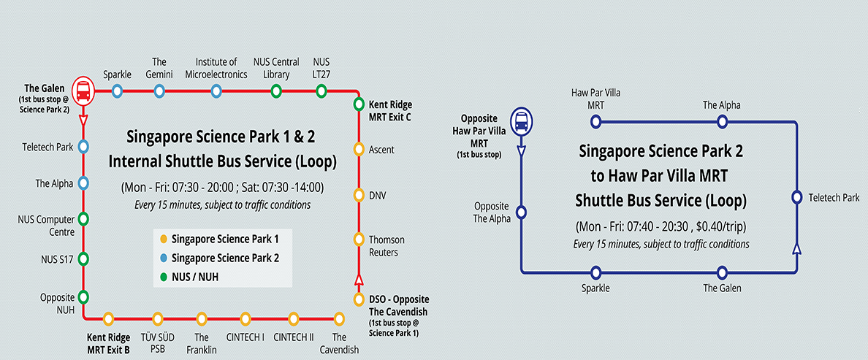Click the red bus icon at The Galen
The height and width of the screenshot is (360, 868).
(83, 91)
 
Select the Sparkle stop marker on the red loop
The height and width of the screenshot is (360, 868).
(117, 91)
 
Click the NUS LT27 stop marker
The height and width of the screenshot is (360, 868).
(321, 91)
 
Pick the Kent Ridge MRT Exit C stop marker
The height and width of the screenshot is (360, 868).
(359, 104)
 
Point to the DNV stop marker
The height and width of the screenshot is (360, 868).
(359, 195)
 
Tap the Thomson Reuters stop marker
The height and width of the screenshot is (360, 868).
(359, 239)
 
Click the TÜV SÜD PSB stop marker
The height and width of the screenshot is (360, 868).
(156, 318)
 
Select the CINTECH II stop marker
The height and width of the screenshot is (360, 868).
(293, 318)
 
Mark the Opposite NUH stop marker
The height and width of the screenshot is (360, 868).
(83, 296)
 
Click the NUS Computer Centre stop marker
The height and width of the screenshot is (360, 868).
(83, 218)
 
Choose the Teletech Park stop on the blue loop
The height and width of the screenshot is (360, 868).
(796, 197)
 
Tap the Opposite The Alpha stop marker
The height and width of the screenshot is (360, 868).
(522, 212)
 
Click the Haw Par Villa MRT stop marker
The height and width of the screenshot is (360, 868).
(597, 121)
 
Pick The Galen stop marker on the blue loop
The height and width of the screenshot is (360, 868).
(722, 272)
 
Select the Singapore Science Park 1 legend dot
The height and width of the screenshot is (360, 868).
(164, 239)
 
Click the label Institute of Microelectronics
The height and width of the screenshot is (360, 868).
(216, 68)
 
